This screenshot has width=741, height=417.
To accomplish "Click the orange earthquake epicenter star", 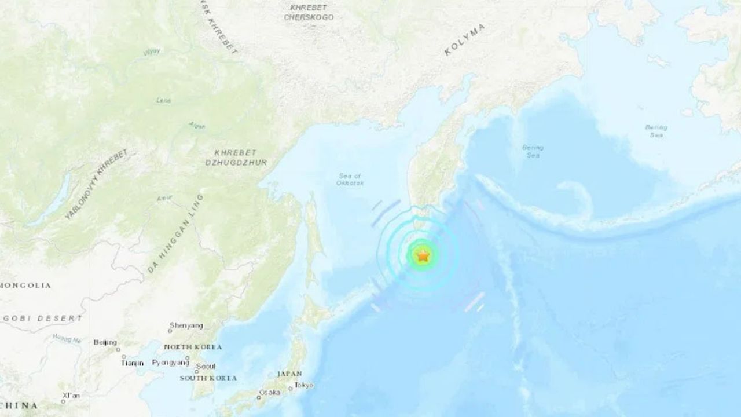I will point(423,255).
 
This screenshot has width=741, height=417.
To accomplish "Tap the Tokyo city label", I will point(303,385).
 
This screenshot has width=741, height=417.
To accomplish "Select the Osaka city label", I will point(269,392).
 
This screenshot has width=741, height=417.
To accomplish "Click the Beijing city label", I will point(105,342).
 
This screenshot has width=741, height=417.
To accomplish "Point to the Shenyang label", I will point(186,325).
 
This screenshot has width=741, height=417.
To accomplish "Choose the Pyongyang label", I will point(170,363).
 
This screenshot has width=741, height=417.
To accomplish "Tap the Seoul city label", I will point(206,366).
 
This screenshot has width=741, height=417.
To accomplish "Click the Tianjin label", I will point(132,363).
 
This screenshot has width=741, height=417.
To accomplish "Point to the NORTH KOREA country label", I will point(193,347).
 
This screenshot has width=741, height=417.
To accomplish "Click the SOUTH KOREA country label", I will point(208,378).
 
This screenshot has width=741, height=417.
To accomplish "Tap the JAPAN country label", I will point(289,374).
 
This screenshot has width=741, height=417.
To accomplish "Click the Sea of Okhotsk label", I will point(350,180).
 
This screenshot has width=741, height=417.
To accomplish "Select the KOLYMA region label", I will point(464,40).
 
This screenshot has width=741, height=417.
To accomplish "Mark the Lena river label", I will point(164,100).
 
